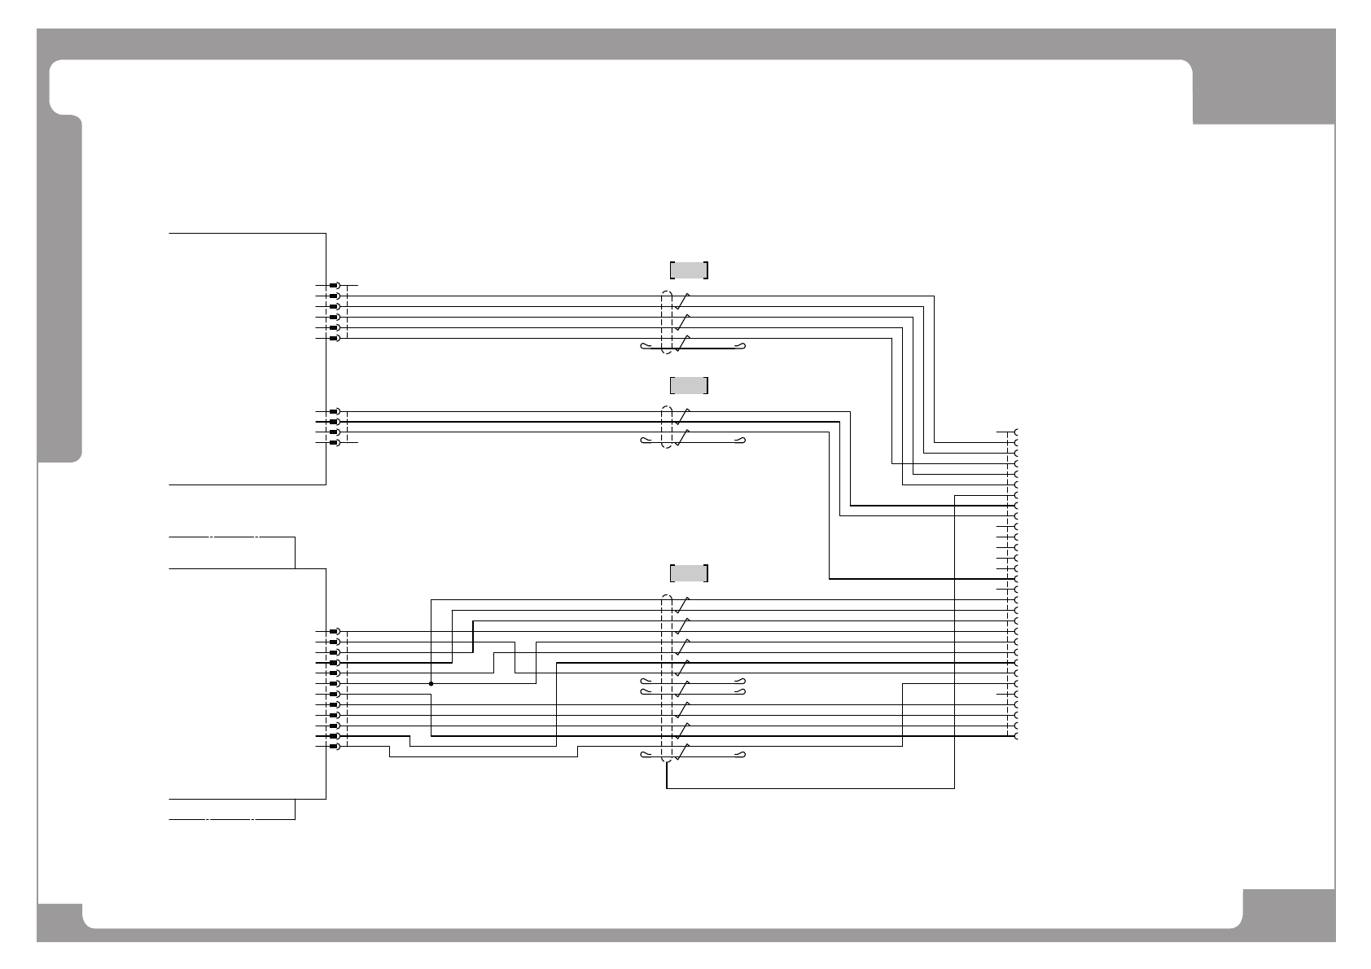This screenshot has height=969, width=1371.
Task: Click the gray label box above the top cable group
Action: coord(689,270)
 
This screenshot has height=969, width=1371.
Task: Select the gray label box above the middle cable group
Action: coord(689,385)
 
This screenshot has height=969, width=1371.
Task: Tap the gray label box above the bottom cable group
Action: coord(689,573)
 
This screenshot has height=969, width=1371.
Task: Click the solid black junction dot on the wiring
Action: coord(431,684)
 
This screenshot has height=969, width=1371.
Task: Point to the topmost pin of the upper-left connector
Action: coord(334,286)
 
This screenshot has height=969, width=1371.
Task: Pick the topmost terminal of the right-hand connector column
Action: coord(1016,432)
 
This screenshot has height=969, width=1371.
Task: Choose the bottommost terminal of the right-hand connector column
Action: coord(1016,736)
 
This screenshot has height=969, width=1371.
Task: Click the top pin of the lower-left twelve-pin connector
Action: coord(334,631)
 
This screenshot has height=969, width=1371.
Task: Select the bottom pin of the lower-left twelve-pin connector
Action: coord(334,747)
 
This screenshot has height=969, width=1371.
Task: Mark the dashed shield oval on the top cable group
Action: coord(667,322)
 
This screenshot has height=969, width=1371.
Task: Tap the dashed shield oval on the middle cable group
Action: coord(667,427)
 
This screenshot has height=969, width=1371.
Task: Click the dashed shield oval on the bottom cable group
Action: coord(667,679)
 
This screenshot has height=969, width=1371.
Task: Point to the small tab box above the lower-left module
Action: coord(232,553)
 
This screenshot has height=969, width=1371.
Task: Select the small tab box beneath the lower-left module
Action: coord(232,809)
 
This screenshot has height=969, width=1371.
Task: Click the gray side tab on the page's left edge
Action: coord(59,289)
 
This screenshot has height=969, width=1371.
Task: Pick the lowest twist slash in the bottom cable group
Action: coord(682,752)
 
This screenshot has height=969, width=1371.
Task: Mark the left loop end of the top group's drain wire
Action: coord(645,347)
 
